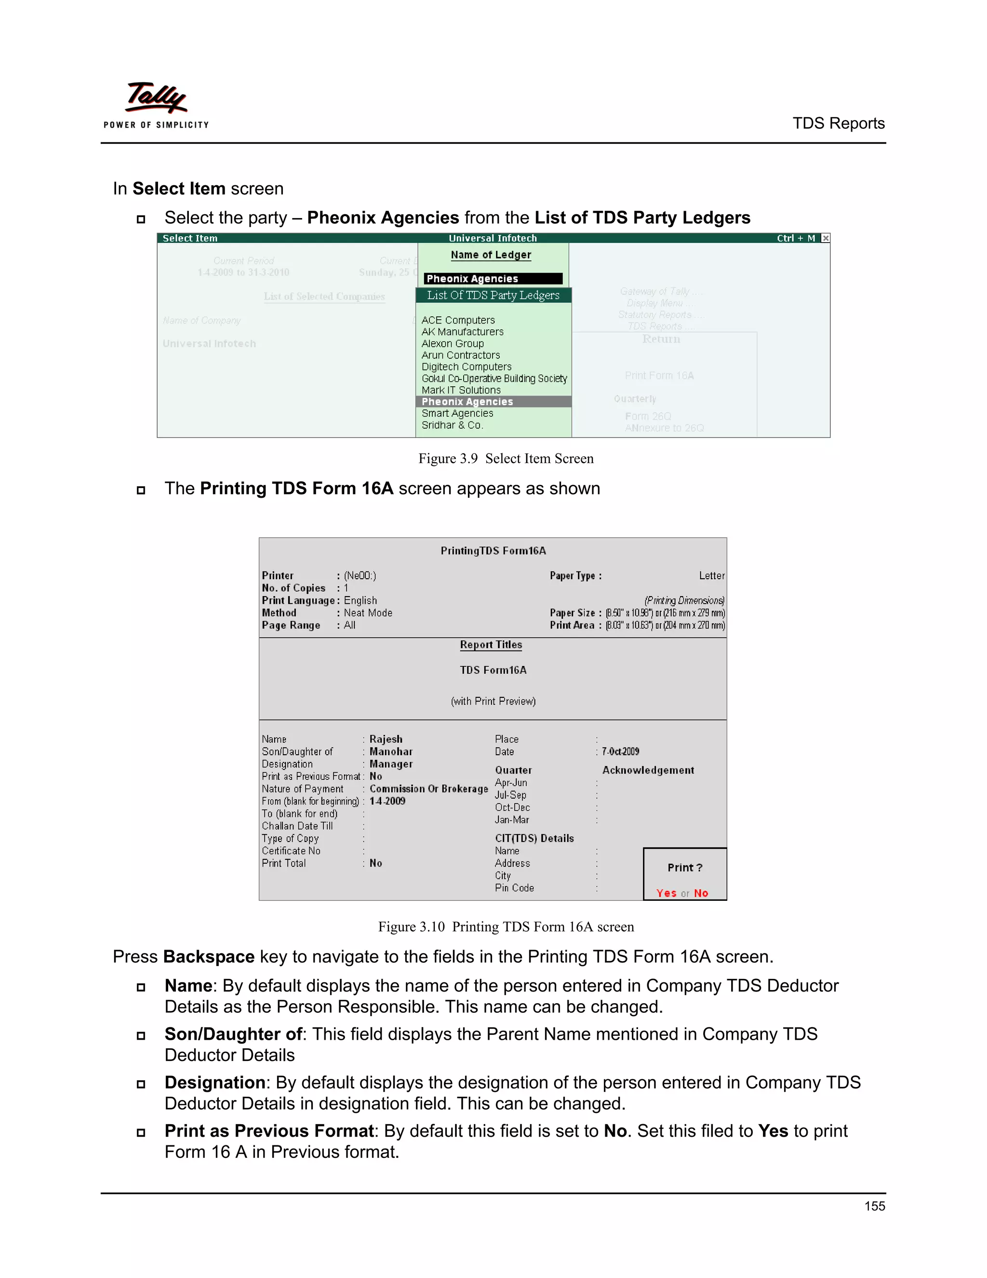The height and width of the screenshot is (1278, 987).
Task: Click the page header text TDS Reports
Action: coord(838,123)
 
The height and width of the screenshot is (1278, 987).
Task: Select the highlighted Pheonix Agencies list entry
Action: coord(467,401)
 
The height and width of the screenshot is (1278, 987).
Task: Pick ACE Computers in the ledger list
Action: coord(458,320)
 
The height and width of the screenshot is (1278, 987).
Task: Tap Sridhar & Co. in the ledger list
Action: coord(452,425)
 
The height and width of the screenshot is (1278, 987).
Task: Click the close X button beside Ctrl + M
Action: coord(825,238)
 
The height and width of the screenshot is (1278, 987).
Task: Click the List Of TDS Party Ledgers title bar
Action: coord(493,295)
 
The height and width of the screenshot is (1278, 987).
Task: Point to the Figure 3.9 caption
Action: coord(506,458)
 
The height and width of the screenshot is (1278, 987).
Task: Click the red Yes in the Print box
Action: coord(666,893)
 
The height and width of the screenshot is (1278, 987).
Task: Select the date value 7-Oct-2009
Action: coord(620,751)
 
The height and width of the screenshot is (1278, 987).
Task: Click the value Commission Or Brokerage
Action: coord(428,789)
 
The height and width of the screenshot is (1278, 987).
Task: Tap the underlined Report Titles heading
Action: coord(491,644)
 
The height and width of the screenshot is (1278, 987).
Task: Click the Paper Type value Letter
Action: coord(712,576)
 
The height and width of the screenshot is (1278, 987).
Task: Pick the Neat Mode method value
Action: coord(368,612)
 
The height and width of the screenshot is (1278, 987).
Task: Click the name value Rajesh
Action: coord(386,739)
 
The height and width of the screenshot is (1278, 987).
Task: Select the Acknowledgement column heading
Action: coord(648,770)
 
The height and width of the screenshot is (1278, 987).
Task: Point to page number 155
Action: coord(874,1206)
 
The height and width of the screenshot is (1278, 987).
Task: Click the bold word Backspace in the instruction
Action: coord(209,957)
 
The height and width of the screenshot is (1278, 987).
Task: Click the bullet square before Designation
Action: coord(141,1084)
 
